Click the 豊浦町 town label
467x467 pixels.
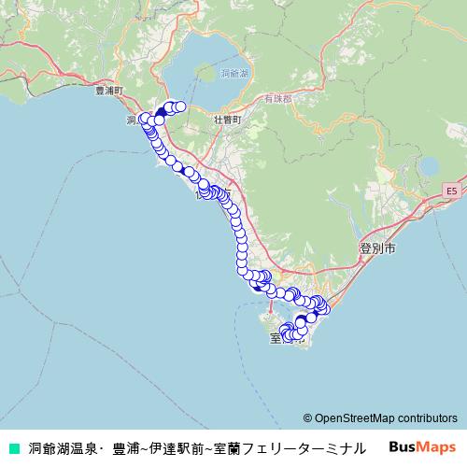[109, 91]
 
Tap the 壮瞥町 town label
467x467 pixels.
[227, 120]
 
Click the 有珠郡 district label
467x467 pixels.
[277, 97]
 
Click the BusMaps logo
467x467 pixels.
[422, 447]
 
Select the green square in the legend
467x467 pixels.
[13, 448]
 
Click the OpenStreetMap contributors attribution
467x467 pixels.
[380, 417]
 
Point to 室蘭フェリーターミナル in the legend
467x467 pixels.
[297, 448]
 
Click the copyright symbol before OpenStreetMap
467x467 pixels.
[307, 417]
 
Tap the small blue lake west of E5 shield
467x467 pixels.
[429, 169]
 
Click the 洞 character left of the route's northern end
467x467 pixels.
[130, 120]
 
